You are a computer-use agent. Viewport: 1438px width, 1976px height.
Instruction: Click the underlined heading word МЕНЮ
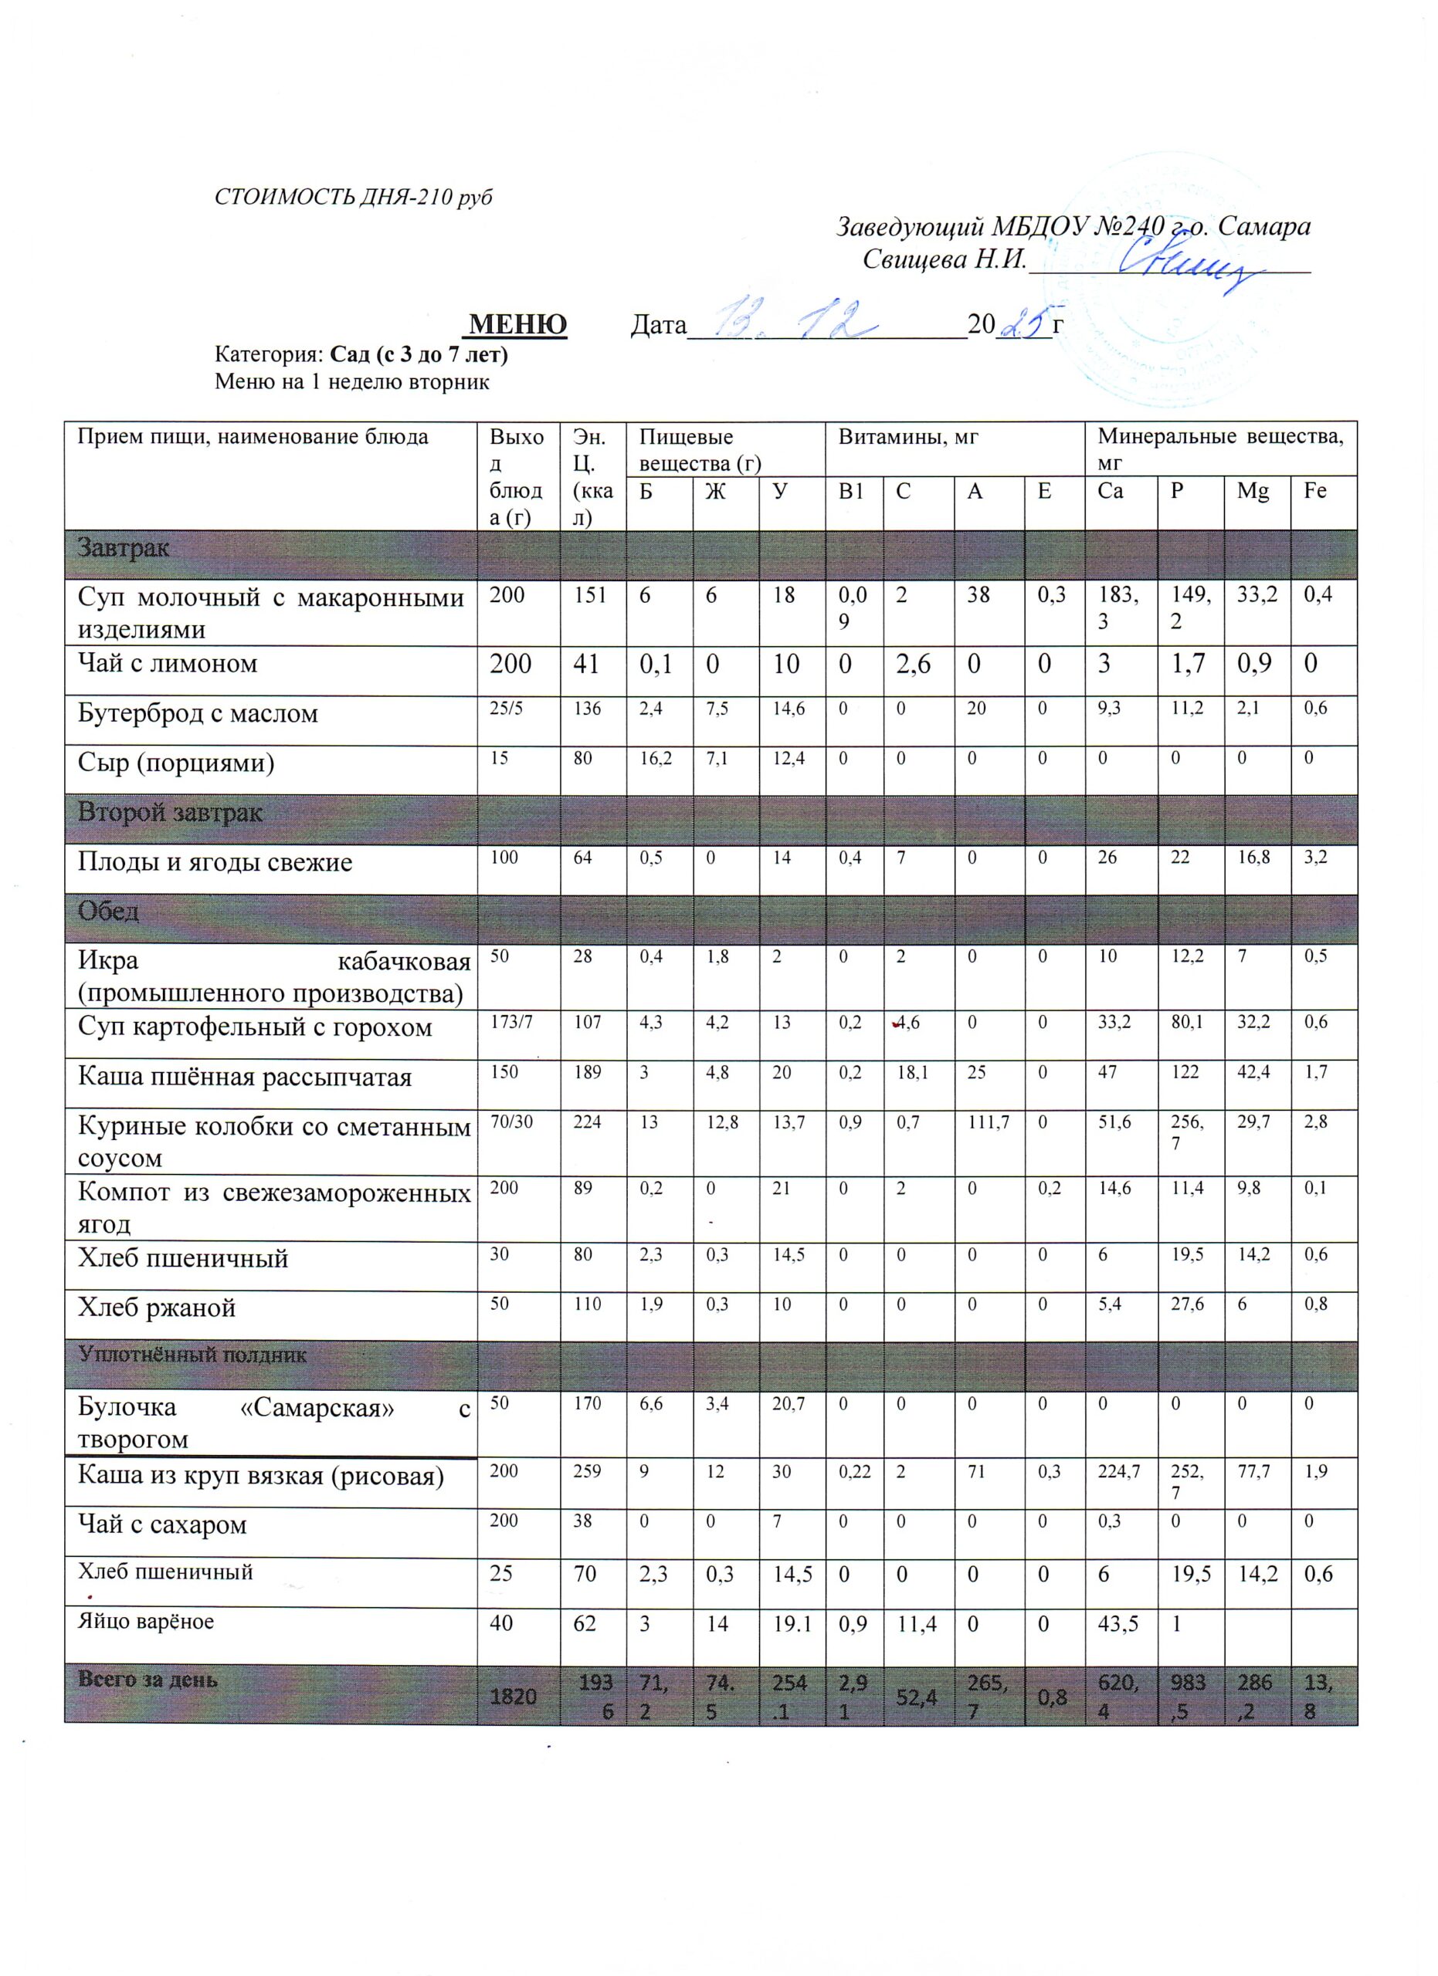pyautogui.click(x=517, y=325)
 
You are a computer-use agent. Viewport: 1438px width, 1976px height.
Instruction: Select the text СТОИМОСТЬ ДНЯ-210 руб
pyautogui.click(x=353, y=198)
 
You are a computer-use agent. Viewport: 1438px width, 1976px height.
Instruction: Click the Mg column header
pyautogui.click(x=1253, y=492)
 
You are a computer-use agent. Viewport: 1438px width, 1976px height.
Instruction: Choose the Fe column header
pyautogui.click(x=1314, y=492)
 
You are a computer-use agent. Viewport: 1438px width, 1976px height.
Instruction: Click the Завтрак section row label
pyautogui.click(x=123, y=549)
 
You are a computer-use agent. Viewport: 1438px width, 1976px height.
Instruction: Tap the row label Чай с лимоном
pyautogui.click(x=168, y=664)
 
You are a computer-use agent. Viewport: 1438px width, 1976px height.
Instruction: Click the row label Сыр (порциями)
pyautogui.click(x=176, y=763)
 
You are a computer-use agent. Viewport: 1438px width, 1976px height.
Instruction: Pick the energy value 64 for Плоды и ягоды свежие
pyautogui.click(x=582, y=858)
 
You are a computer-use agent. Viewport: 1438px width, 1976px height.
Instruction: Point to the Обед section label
pyautogui.click(x=108, y=912)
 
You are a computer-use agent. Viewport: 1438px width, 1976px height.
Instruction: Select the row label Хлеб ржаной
pyautogui.click(x=157, y=1308)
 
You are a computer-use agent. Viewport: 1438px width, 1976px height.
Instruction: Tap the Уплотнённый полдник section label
pyautogui.click(x=192, y=1355)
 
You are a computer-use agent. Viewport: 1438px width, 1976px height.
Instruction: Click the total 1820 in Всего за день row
pyautogui.click(x=513, y=1694)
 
